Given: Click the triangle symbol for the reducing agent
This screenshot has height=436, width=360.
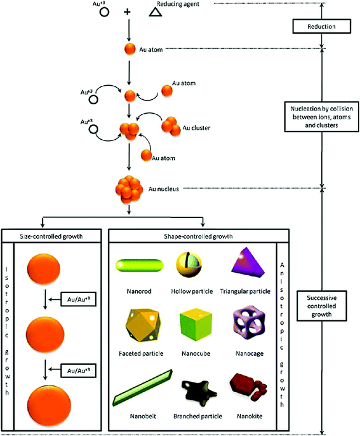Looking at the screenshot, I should click(154, 12).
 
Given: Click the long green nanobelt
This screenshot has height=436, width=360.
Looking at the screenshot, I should click(142, 389).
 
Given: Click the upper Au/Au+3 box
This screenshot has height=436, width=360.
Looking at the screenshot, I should click(76, 299).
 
